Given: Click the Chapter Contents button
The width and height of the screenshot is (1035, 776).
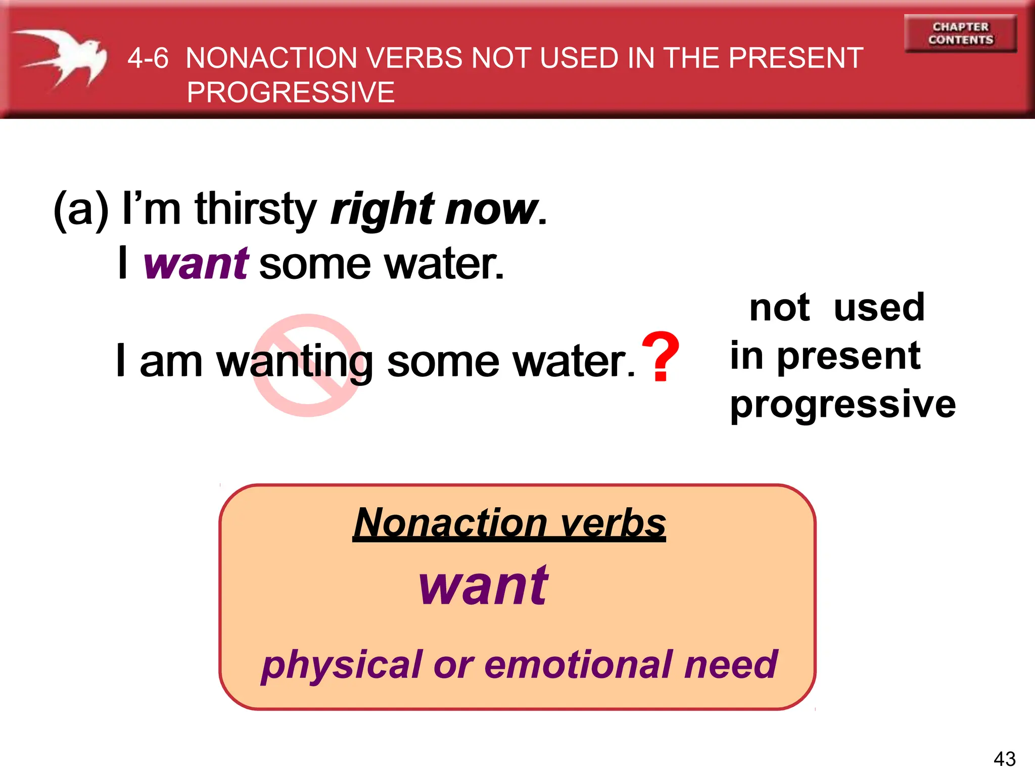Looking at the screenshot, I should pos(960,33).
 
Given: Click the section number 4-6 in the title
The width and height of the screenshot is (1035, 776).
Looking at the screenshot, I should pos(148,58).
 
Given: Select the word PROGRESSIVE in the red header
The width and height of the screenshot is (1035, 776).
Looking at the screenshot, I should pos(291,92).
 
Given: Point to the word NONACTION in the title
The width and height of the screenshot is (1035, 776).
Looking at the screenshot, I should pos(272,58).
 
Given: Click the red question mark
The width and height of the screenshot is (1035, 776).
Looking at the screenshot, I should pos(660,357).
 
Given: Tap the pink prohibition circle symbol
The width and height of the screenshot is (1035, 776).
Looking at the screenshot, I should pos(307,366).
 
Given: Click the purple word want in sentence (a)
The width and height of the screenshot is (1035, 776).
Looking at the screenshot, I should pos(196,264).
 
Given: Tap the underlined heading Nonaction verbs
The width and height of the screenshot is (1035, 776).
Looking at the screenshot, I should pos(509,523).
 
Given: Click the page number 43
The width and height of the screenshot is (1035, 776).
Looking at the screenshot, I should pos(1004,759).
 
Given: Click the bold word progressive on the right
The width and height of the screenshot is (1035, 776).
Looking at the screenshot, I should pos(843,405).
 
